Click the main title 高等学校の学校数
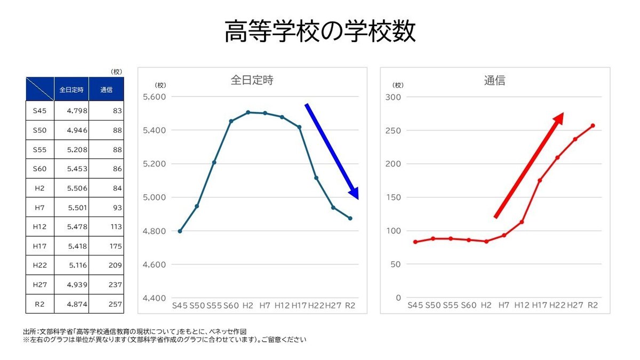click(x=319, y=31)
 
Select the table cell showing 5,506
click(x=71, y=188)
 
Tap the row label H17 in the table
click(x=40, y=246)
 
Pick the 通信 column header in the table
click(x=106, y=90)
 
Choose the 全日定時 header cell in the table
click(x=71, y=90)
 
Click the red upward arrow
click(x=529, y=165)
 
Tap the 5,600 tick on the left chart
click(x=155, y=97)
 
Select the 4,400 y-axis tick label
click(x=155, y=298)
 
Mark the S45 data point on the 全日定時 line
click(x=180, y=231)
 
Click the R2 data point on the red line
click(x=593, y=126)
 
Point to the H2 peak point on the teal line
click(x=248, y=113)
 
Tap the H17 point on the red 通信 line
click(x=540, y=180)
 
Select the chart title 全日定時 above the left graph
click(x=252, y=80)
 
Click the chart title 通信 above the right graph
click(x=494, y=81)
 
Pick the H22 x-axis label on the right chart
click(x=557, y=305)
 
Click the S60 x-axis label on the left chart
click(x=231, y=305)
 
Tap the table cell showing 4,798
click(x=71, y=111)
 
